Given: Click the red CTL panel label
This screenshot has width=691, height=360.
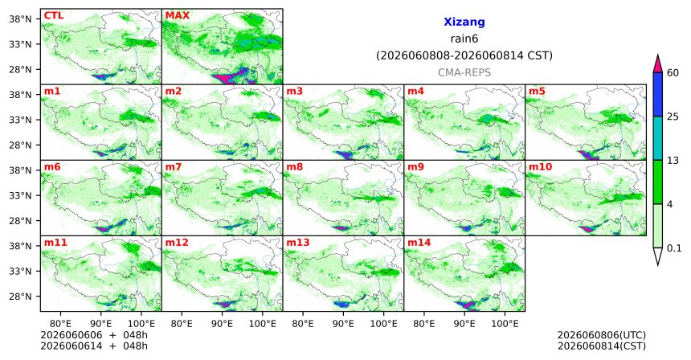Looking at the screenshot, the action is pos(53,16).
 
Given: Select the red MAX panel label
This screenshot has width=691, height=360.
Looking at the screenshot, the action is pos(177,16).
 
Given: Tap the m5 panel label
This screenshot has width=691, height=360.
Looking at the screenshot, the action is pos(537,92).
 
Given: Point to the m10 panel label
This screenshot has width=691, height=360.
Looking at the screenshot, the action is pos(540,167).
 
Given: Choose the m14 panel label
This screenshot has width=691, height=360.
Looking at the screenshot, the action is pos(419,243).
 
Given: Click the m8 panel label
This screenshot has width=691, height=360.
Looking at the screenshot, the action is pos(294,167).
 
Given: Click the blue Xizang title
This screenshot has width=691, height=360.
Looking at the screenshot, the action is pos(464,22).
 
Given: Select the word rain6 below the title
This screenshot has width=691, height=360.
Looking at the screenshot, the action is pos(464,39).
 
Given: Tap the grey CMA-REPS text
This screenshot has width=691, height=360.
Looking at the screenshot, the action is pos(464,72).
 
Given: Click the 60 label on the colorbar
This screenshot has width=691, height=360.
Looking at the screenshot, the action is pos(673,73).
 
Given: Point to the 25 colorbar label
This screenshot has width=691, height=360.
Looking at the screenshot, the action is pos(673,117).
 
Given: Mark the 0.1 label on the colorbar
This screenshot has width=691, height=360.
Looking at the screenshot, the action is pos(674,248).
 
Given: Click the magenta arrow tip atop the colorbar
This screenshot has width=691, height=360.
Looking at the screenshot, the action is pos(658,55).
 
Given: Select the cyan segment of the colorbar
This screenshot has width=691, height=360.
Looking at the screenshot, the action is pos(658,138).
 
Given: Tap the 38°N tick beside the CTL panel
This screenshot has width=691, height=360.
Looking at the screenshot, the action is pos(21,19).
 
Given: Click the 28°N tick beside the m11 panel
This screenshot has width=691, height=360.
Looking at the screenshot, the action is pos(21,297).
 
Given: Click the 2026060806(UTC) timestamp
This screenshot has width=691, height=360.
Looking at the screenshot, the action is pos(602,336).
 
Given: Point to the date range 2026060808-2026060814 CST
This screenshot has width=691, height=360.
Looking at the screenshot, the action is pos(464,56).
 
